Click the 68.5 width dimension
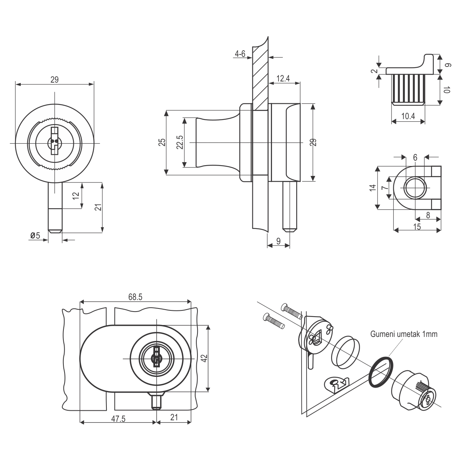(136, 297)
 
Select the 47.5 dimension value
(118, 418)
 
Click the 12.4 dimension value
(282, 79)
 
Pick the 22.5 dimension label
(179, 143)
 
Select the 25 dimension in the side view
(163, 143)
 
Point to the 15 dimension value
(417, 227)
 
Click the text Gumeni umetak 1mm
(404, 334)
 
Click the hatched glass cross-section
(260, 73)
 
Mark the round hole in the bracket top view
(415, 187)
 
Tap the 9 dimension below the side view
(278, 241)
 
